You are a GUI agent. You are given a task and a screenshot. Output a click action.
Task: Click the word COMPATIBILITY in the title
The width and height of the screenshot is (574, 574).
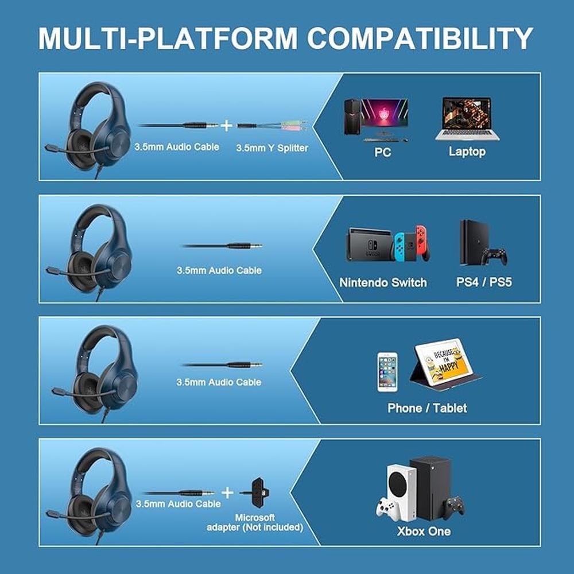pyautogui.click(x=420, y=38)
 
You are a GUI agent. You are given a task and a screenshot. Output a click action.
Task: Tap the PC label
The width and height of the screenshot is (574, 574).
pyautogui.click(x=382, y=152)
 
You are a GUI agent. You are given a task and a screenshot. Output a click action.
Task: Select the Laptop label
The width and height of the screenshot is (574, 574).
pyautogui.click(x=467, y=152)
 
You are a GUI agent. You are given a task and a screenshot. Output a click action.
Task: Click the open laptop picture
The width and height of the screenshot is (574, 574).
pyautogui.click(x=467, y=118)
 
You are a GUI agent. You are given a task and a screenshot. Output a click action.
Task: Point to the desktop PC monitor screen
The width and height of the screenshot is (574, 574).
pyautogui.click(x=385, y=114)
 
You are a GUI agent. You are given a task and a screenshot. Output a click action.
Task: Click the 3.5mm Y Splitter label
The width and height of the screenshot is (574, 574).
pyautogui.click(x=272, y=148)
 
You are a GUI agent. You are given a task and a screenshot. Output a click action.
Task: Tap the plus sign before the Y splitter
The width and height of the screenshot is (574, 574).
pyautogui.click(x=227, y=126)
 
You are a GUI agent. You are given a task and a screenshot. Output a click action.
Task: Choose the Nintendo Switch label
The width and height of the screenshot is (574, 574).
pyautogui.click(x=383, y=282)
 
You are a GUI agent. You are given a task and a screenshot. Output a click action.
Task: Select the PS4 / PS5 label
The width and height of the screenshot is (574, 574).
pyautogui.click(x=483, y=282)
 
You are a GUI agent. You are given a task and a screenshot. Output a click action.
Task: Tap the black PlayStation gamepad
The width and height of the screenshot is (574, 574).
pyautogui.click(x=494, y=257)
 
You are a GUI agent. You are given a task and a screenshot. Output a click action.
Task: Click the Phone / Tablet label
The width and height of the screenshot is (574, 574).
pyautogui.click(x=427, y=408)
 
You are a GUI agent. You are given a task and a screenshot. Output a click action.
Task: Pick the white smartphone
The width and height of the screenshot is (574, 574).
pyautogui.click(x=387, y=372)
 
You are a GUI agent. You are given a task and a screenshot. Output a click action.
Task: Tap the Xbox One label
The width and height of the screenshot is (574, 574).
pyautogui.click(x=424, y=531)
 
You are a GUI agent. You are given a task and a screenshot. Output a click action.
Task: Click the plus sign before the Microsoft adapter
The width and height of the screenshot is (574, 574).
pyautogui.click(x=227, y=492)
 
